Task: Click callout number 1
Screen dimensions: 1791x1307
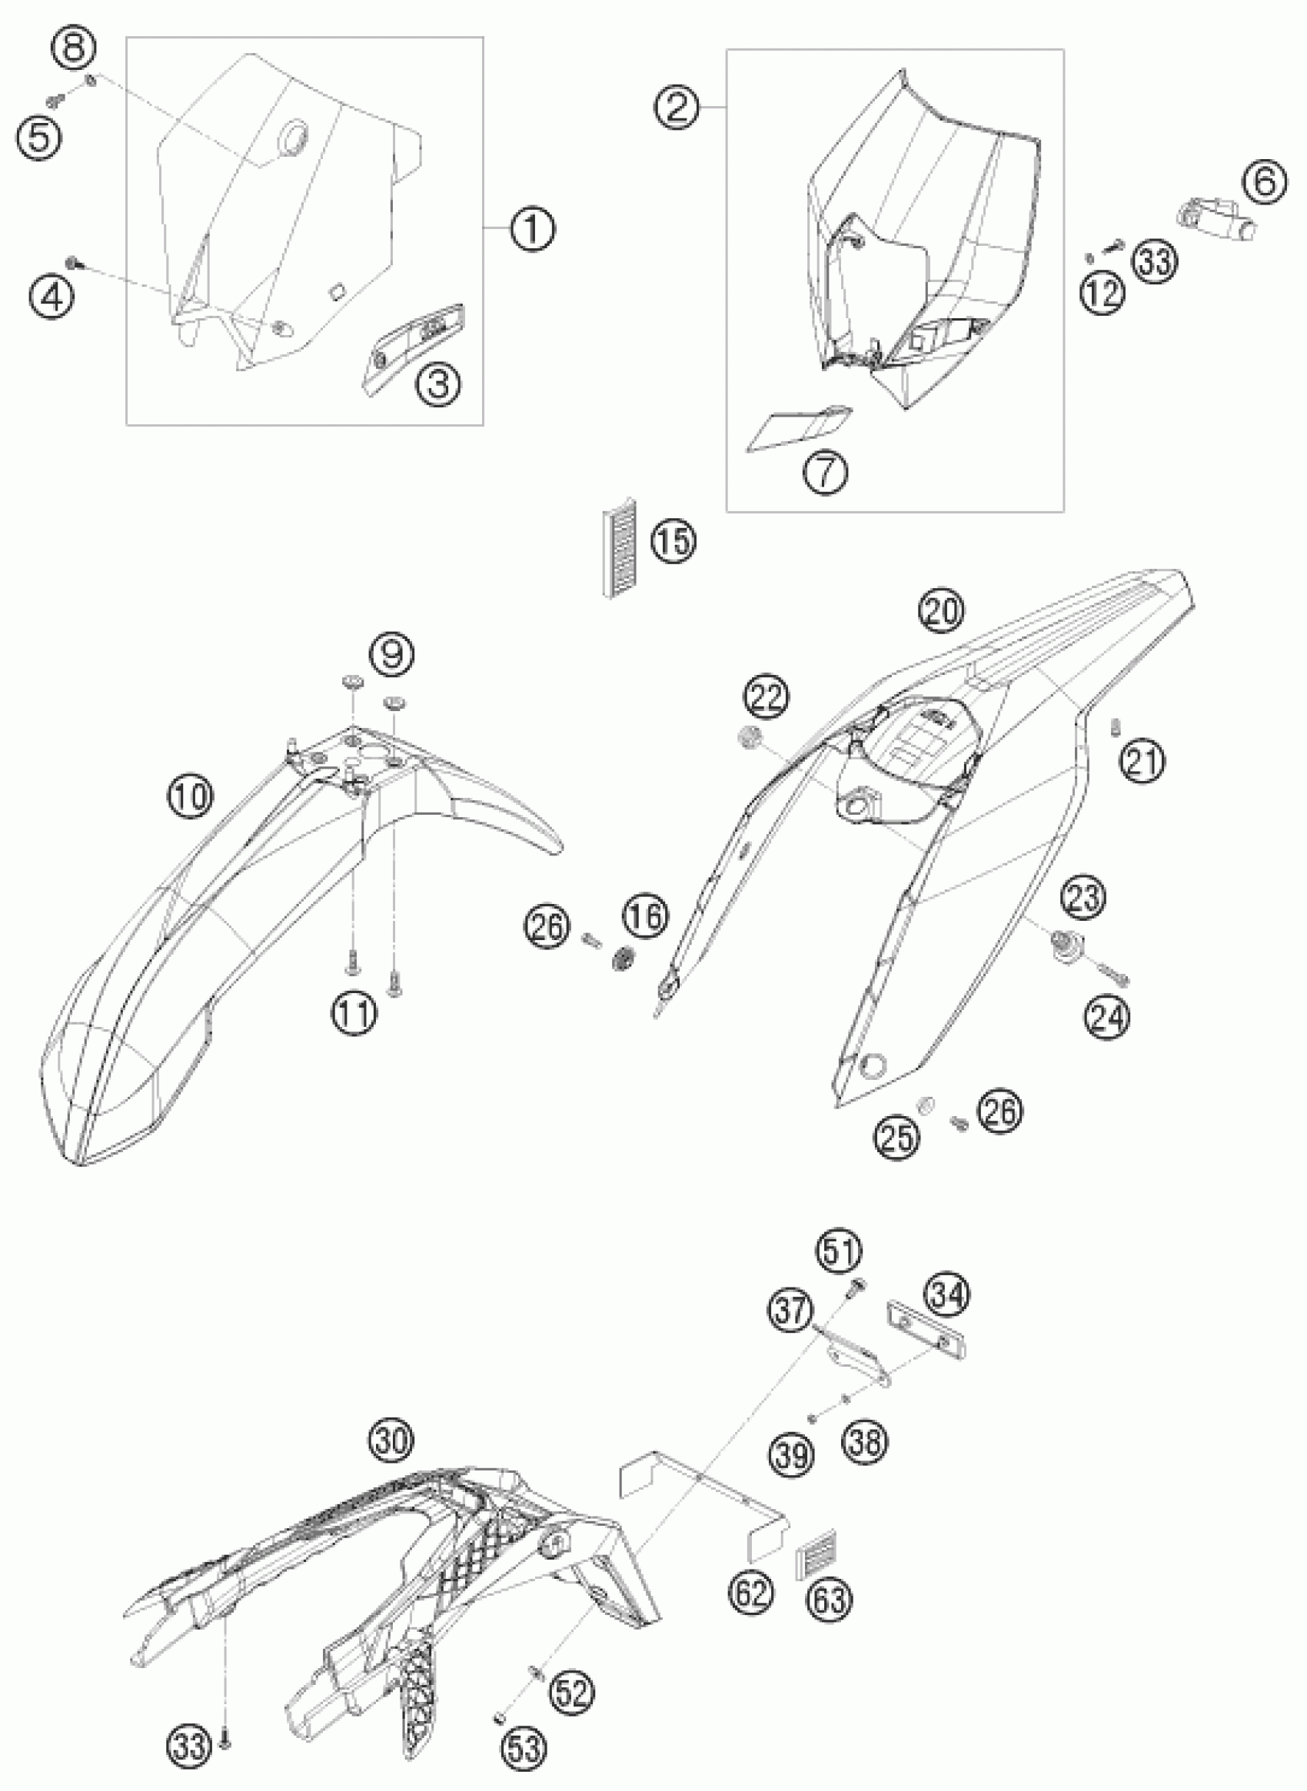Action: (532, 229)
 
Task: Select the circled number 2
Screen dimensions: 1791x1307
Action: (677, 107)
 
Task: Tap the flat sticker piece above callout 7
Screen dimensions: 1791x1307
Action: (799, 428)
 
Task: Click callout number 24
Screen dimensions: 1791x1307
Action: (1108, 1016)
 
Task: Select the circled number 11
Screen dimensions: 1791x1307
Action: (354, 1012)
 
